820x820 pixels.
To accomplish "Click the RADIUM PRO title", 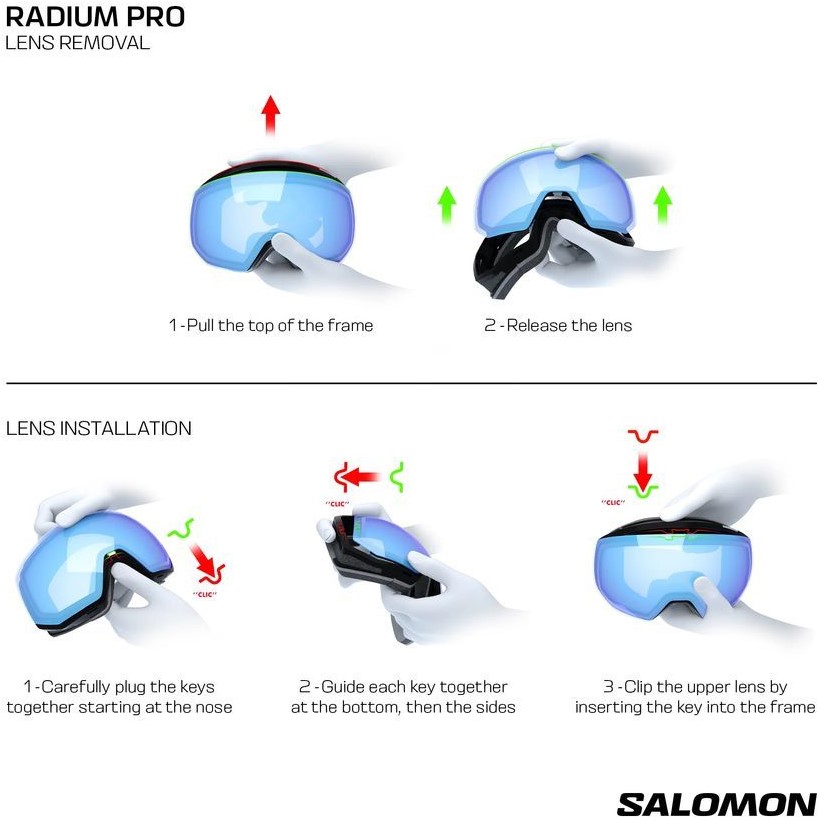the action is (95, 16).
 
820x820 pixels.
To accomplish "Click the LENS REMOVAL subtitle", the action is (77, 43).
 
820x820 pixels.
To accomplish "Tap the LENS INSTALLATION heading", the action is (99, 428).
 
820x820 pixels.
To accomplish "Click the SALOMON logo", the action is (716, 804).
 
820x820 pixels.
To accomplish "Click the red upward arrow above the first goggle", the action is (271, 115).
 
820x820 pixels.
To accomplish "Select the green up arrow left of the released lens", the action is (447, 205).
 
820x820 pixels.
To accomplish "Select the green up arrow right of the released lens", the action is (663, 205).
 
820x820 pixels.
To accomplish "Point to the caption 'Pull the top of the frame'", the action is (280, 325).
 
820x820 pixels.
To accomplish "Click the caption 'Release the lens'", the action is (569, 325).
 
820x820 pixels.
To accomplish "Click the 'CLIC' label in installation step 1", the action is (204, 595).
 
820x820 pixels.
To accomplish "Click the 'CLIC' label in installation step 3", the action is (613, 503).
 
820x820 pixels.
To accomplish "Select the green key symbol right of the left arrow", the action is (397, 477).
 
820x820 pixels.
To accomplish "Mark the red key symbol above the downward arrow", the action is (643, 436).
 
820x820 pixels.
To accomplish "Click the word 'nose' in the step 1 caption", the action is (213, 708).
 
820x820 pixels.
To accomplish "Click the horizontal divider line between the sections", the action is (411, 383).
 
